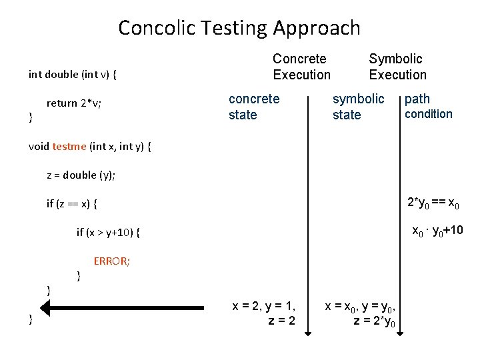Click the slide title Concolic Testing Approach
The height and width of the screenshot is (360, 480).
(239, 28)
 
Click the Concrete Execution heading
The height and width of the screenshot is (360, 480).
(301, 67)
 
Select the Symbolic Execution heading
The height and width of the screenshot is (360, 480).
(397, 67)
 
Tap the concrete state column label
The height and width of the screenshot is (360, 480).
(254, 107)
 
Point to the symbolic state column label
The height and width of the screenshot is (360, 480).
(358, 107)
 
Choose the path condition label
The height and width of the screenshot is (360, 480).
(428, 106)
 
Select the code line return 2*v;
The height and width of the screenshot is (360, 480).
(73, 103)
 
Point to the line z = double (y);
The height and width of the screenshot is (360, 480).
(81, 175)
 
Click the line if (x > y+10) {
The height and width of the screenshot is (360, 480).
(109, 233)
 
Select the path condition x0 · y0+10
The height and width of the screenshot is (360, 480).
(437, 232)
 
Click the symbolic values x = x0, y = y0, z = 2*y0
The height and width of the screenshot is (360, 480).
(363, 314)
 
